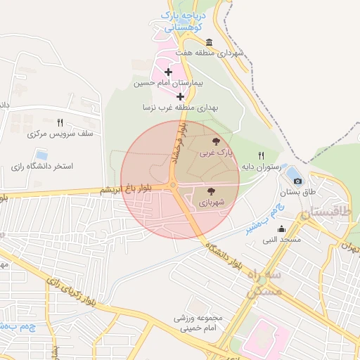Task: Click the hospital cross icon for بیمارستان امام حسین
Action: point(168,72)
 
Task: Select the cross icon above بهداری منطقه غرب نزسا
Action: point(180,96)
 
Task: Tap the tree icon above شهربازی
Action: point(211,191)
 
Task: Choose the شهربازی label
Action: point(211,202)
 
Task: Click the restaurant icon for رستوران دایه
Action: point(261,155)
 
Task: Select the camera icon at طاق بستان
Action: point(297,181)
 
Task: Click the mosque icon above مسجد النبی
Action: point(281,229)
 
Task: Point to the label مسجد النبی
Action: point(282,240)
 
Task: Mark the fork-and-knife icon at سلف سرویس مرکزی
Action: point(60,122)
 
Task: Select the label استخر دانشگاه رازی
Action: point(41,167)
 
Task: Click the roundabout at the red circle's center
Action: point(173,185)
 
